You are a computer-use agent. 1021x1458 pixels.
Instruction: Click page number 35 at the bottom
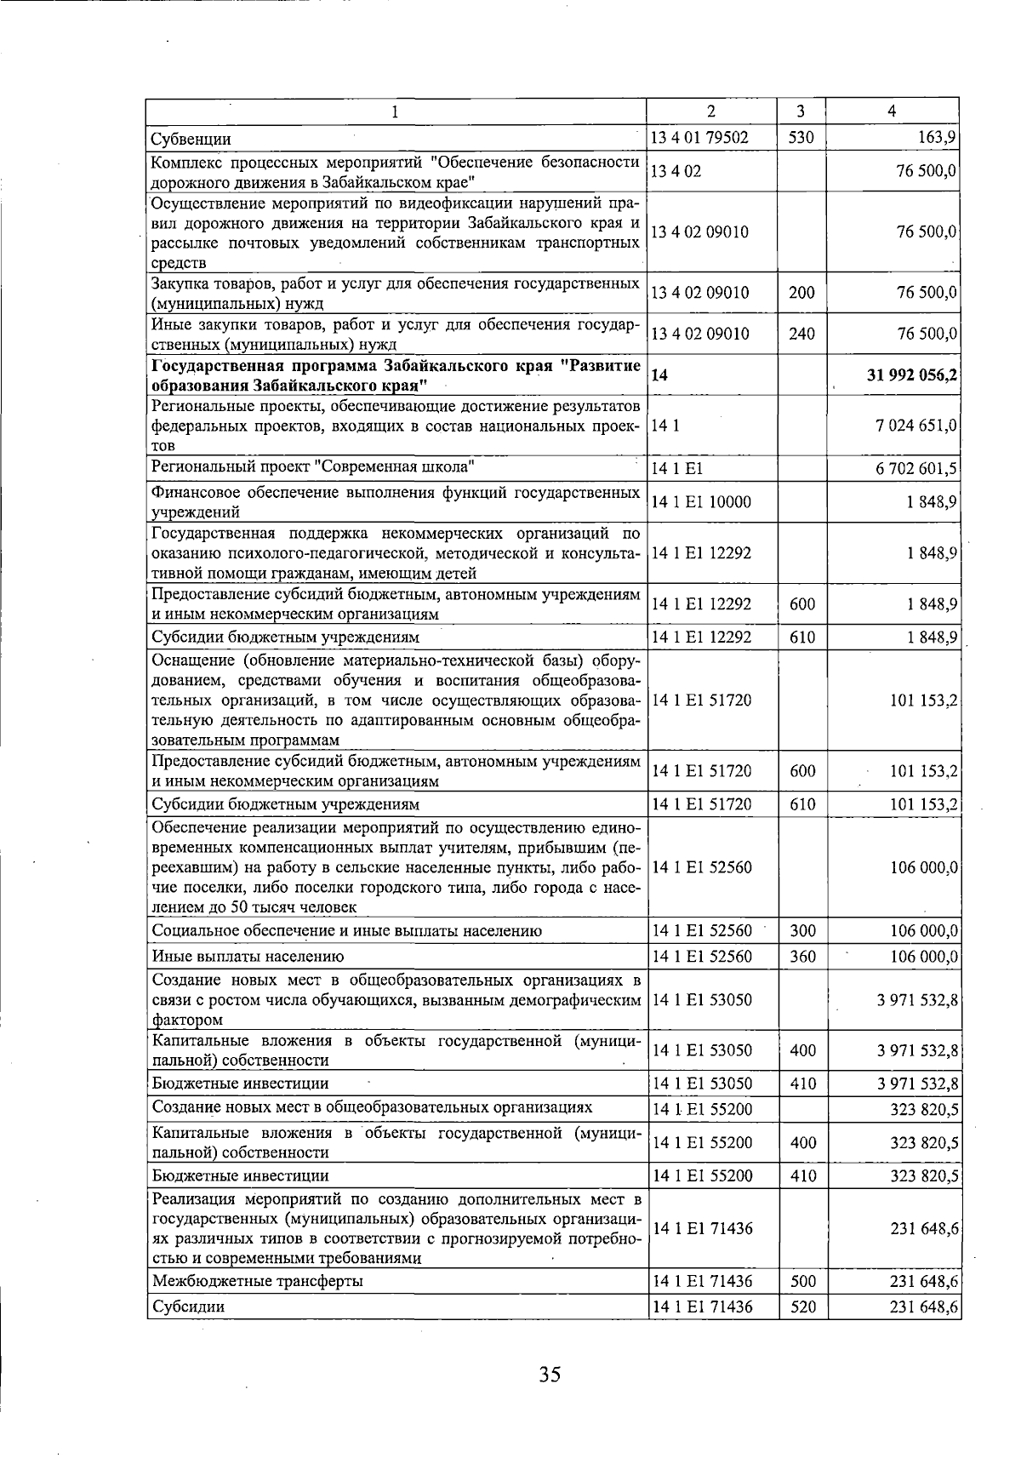pyautogui.click(x=550, y=1374)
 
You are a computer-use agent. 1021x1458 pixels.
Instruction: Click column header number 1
pyautogui.click(x=396, y=111)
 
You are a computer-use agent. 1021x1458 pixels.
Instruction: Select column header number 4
pyautogui.click(x=891, y=111)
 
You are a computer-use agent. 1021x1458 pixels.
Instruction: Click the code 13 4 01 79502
pyautogui.click(x=699, y=137)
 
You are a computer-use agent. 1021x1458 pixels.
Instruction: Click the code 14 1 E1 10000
pyautogui.click(x=701, y=501)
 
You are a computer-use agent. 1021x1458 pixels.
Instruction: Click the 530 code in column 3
pyautogui.click(x=801, y=137)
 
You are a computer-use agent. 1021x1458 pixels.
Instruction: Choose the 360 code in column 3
pyautogui.click(x=801, y=956)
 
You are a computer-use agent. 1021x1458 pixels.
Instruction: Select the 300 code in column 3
pyautogui.click(x=801, y=930)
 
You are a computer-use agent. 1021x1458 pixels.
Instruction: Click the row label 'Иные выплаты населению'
pyautogui.click(x=248, y=956)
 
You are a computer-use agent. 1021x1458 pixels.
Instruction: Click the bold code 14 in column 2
pyautogui.click(x=659, y=375)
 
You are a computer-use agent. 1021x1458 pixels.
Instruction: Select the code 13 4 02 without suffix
pyautogui.click(x=676, y=171)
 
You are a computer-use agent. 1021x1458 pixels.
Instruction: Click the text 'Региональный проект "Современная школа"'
pyautogui.click(x=313, y=467)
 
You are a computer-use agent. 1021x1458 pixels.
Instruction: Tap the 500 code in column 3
pyautogui.click(x=802, y=1281)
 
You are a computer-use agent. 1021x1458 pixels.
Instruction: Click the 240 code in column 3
pyautogui.click(x=801, y=334)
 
